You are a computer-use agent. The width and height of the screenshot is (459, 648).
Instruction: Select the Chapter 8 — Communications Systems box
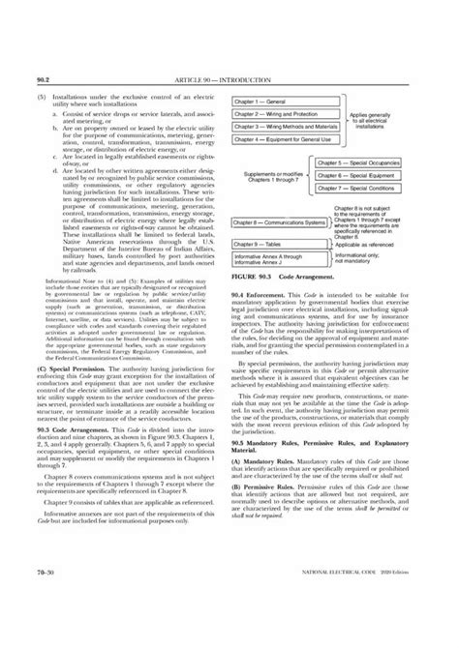coord(281,222)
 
